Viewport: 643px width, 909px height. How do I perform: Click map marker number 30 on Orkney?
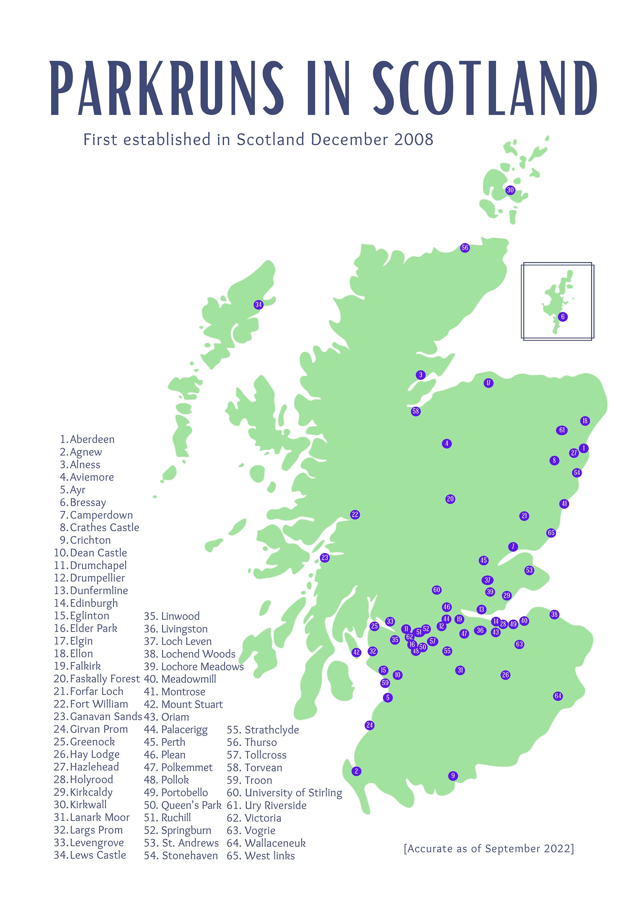(x=510, y=190)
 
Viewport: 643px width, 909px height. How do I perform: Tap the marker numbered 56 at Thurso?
(x=465, y=248)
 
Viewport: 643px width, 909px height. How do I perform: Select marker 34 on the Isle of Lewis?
(x=258, y=305)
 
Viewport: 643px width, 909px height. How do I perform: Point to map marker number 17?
(x=488, y=383)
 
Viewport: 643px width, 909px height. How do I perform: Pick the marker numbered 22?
(x=355, y=515)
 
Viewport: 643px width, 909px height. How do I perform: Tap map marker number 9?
(x=453, y=776)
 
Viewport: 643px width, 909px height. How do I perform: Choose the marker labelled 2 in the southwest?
(x=356, y=771)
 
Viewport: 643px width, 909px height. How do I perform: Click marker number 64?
(x=558, y=696)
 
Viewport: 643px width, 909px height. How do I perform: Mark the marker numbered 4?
(x=447, y=443)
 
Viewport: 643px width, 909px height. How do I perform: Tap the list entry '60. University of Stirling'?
(x=284, y=793)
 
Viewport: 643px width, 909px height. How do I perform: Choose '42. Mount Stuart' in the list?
(x=183, y=704)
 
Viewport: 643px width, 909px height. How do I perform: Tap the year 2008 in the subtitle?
(x=414, y=140)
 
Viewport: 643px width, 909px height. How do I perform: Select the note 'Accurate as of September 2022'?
(x=488, y=849)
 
